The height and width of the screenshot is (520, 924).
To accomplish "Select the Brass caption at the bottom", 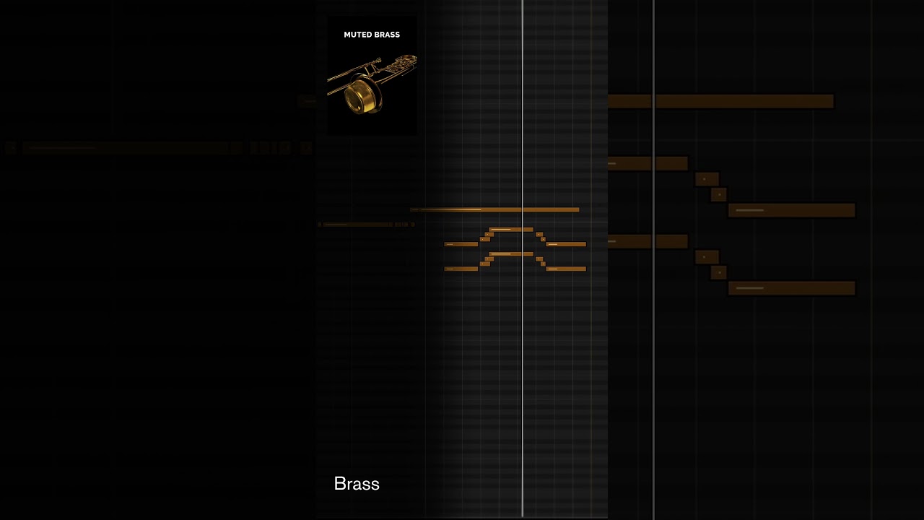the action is coord(357,484).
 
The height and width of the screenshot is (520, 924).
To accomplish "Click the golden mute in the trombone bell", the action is coord(362,95).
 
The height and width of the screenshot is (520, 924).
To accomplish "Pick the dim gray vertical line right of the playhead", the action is coord(653,260).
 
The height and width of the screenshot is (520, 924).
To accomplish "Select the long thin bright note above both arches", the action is coord(494,209).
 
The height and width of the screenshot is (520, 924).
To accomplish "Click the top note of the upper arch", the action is coord(511,230).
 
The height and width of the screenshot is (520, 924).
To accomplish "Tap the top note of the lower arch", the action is coord(511,254).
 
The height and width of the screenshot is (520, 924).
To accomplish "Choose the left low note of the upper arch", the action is coord(461,244).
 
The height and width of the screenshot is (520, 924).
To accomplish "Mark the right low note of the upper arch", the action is coord(566,244).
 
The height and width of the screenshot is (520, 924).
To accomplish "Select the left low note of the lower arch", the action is coord(461,269).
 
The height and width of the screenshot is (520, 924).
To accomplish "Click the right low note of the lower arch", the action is coord(566,269).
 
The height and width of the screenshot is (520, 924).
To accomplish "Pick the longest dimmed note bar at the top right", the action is coord(720,101).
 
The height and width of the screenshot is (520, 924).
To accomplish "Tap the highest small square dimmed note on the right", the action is coord(707,179).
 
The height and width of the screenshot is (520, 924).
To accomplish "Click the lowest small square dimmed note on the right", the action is coord(718,273).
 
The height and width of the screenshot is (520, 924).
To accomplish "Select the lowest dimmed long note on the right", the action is coord(792,288).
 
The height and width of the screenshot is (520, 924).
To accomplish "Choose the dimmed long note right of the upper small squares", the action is coord(792,210).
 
